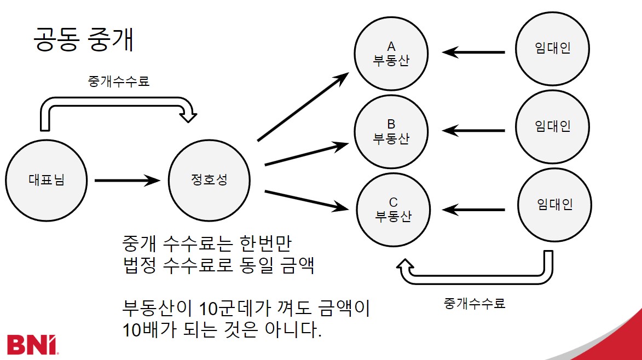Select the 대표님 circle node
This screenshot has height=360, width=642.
(46, 179)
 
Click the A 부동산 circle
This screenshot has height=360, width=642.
(391, 54)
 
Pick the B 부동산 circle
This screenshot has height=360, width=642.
(391, 131)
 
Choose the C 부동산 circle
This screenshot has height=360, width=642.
(393, 209)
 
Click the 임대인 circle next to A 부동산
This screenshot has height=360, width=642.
(553, 49)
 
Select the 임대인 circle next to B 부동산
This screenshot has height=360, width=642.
(553, 126)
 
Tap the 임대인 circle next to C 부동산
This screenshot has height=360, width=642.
(554, 205)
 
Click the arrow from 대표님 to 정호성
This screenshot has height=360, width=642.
(127, 179)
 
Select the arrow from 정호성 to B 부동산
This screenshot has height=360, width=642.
(305, 154)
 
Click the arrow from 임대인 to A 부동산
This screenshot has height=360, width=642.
(473, 53)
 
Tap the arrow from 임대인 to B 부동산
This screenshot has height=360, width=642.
(473, 131)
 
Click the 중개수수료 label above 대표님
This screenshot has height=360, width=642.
(119, 82)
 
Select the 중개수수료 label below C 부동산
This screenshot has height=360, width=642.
(475, 303)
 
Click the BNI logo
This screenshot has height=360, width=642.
(33, 344)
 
